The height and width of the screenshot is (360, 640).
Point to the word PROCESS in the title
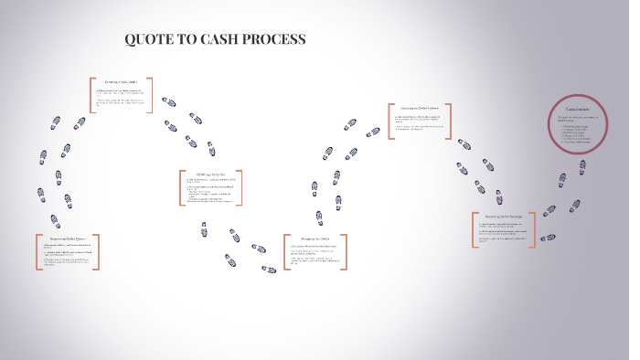click(274, 40)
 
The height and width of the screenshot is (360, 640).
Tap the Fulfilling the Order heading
click(210, 174)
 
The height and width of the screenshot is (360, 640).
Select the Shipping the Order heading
click(312, 238)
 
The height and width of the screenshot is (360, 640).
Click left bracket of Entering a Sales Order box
click(91, 95)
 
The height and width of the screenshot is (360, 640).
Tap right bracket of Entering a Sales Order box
click(151, 95)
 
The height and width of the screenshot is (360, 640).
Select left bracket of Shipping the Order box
click(285, 254)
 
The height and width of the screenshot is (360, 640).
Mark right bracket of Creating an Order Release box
click(449, 122)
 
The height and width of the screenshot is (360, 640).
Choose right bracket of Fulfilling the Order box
click(240, 187)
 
